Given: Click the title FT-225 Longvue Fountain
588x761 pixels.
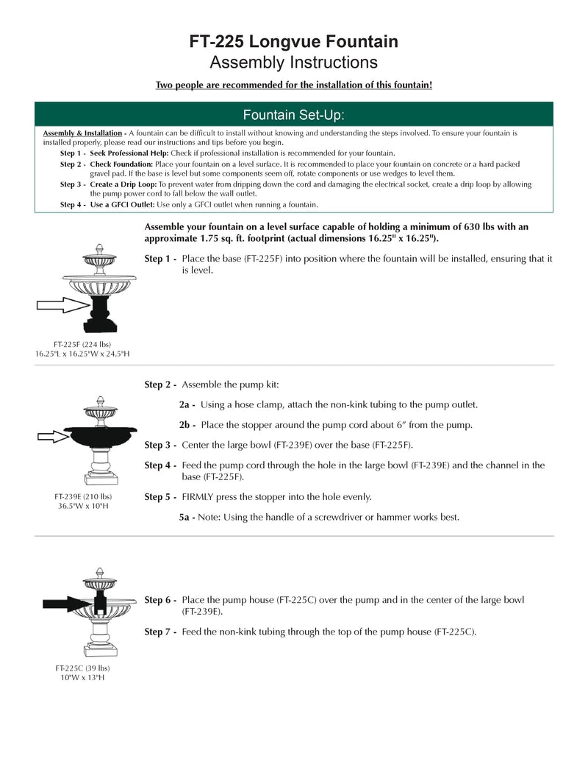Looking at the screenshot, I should [294, 42].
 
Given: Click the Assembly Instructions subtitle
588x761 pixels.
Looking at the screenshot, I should [294, 62].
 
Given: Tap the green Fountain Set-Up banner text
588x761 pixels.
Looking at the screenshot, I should [294, 115].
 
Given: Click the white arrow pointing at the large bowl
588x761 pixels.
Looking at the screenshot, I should [52, 437].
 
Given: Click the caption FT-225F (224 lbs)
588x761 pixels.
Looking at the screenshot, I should [82, 344].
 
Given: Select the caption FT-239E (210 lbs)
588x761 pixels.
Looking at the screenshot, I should [82, 496].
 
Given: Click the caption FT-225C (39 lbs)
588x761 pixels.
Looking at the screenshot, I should [82, 668].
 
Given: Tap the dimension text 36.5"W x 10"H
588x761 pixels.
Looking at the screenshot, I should [82, 506].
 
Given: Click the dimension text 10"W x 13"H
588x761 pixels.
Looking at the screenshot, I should [82, 677].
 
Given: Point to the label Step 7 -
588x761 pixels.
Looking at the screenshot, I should [160, 632].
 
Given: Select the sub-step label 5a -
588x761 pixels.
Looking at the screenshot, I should [187, 518].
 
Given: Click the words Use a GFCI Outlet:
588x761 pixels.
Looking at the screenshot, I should [121, 204].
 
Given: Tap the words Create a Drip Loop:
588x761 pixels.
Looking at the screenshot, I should [123, 185].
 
